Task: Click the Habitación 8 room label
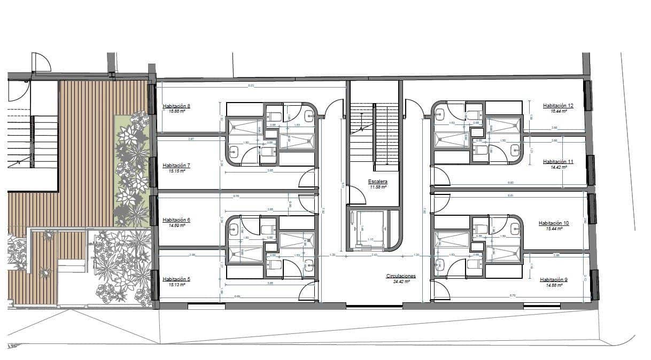(176, 106)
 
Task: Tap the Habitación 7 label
(176, 166)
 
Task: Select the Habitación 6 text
(176, 220)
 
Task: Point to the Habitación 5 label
(176, 279)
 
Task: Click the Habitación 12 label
(558, 106)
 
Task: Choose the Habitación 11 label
(558, 161)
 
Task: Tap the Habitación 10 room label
(554, 223)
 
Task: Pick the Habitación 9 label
(554, 279)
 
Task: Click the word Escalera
(377, 182)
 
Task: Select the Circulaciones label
(401, 276)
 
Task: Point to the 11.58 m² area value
(377, 187)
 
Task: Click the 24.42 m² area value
(401, 281)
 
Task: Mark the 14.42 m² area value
(558, 167)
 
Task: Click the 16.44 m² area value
(558, 111)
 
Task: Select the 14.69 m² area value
(176, 225)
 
